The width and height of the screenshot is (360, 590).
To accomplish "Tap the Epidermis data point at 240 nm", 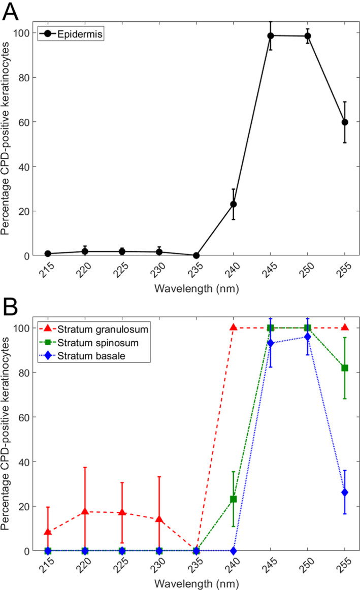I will [x=233, y=204].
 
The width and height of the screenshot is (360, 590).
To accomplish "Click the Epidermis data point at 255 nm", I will [x=345, y=122].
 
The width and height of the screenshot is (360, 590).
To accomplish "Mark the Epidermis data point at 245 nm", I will [x=271, y=36].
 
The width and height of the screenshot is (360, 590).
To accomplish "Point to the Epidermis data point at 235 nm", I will [x=196, y=255].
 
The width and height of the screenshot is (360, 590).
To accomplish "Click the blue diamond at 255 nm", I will [x=345, y=492].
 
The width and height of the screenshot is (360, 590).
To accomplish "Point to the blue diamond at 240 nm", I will [x=233, y=550].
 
